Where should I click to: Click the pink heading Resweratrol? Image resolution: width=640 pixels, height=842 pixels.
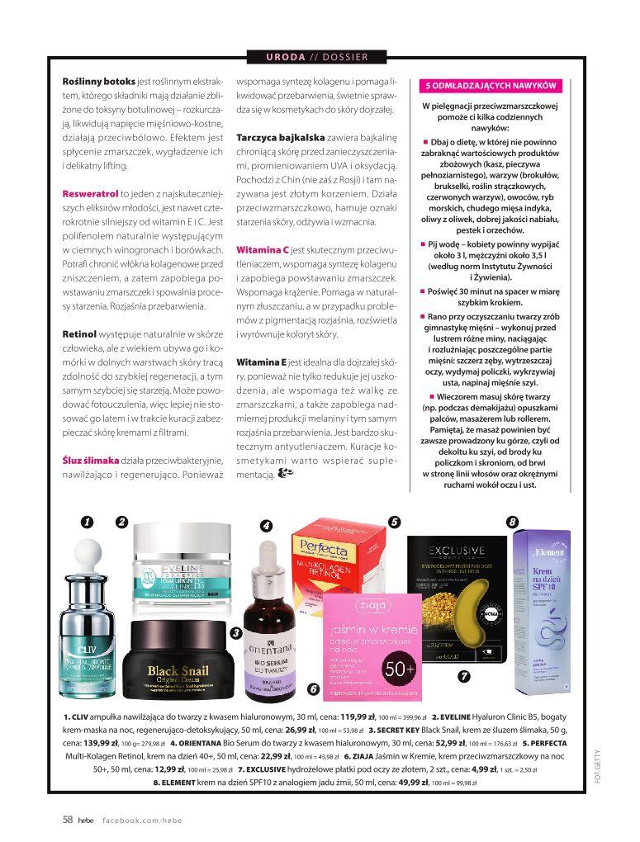[x=91, y=193]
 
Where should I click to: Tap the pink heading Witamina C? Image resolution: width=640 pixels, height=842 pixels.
[x=262, y=248]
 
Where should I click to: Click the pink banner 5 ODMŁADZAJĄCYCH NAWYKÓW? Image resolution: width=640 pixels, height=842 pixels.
[x=491, y=86]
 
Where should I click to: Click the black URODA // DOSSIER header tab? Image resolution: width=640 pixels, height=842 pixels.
[x=318, y=57]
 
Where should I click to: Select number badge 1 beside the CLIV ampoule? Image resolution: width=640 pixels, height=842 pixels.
[x=86, y=521]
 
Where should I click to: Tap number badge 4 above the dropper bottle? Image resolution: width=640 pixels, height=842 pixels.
[x=266, y=526]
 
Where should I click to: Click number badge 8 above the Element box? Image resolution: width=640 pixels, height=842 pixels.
[x=512, y=521]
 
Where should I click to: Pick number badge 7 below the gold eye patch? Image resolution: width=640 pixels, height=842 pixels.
[x=463, y=675]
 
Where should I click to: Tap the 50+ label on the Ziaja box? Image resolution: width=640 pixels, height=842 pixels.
[x=399, y=668]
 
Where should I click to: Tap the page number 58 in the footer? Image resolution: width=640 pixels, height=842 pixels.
[x=69, y=819]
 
